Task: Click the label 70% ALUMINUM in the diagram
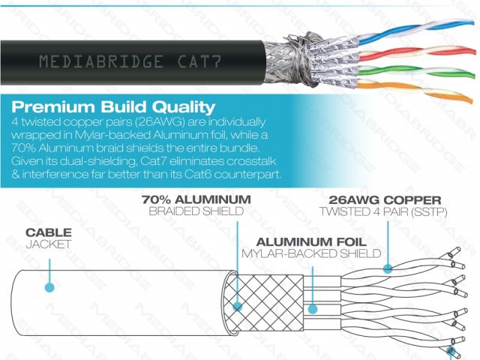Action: pyautogui.click(x=196, y=200)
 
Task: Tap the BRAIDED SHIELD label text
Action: pyautogui.click(x=196, y=212)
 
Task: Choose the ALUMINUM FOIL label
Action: pyautogui.click(x=309, y=242)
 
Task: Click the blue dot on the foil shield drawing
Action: pyautogui.click(x=313, y=307)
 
